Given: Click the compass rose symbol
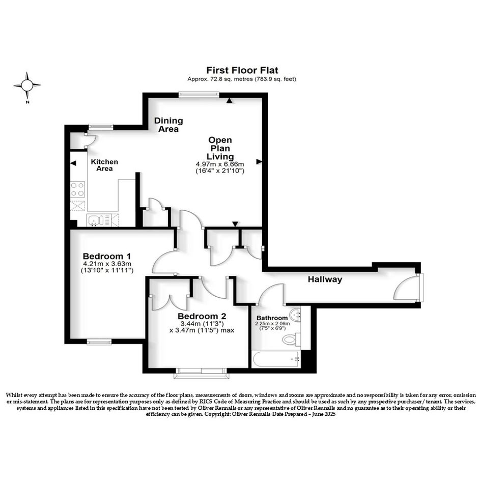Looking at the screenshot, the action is (x=27, y=86).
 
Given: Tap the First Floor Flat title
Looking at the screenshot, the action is (x=242, y=70).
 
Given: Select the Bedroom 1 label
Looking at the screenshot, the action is (x=107, y=256).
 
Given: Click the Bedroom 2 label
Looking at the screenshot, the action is (x=202, y=316).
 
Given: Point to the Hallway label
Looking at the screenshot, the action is (x=325, y=279).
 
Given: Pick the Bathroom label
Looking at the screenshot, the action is (x=272, y=318).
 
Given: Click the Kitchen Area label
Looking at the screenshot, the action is (x=104, y=165).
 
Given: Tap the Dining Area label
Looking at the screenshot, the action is (x=168, y=125).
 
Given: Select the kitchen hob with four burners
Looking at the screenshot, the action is (x=77, y=189).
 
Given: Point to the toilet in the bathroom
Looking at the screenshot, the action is (x=291, y=339).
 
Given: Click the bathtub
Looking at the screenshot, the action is (x=275, y=359).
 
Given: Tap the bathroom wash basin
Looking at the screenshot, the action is (x=295, y=314).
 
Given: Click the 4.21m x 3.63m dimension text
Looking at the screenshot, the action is (x=107, y=264).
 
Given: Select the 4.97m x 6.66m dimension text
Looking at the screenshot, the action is (x=220, y=164).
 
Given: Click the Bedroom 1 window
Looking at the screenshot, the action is (x=99, y=342).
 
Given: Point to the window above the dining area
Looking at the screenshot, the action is (x=199, y=95).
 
